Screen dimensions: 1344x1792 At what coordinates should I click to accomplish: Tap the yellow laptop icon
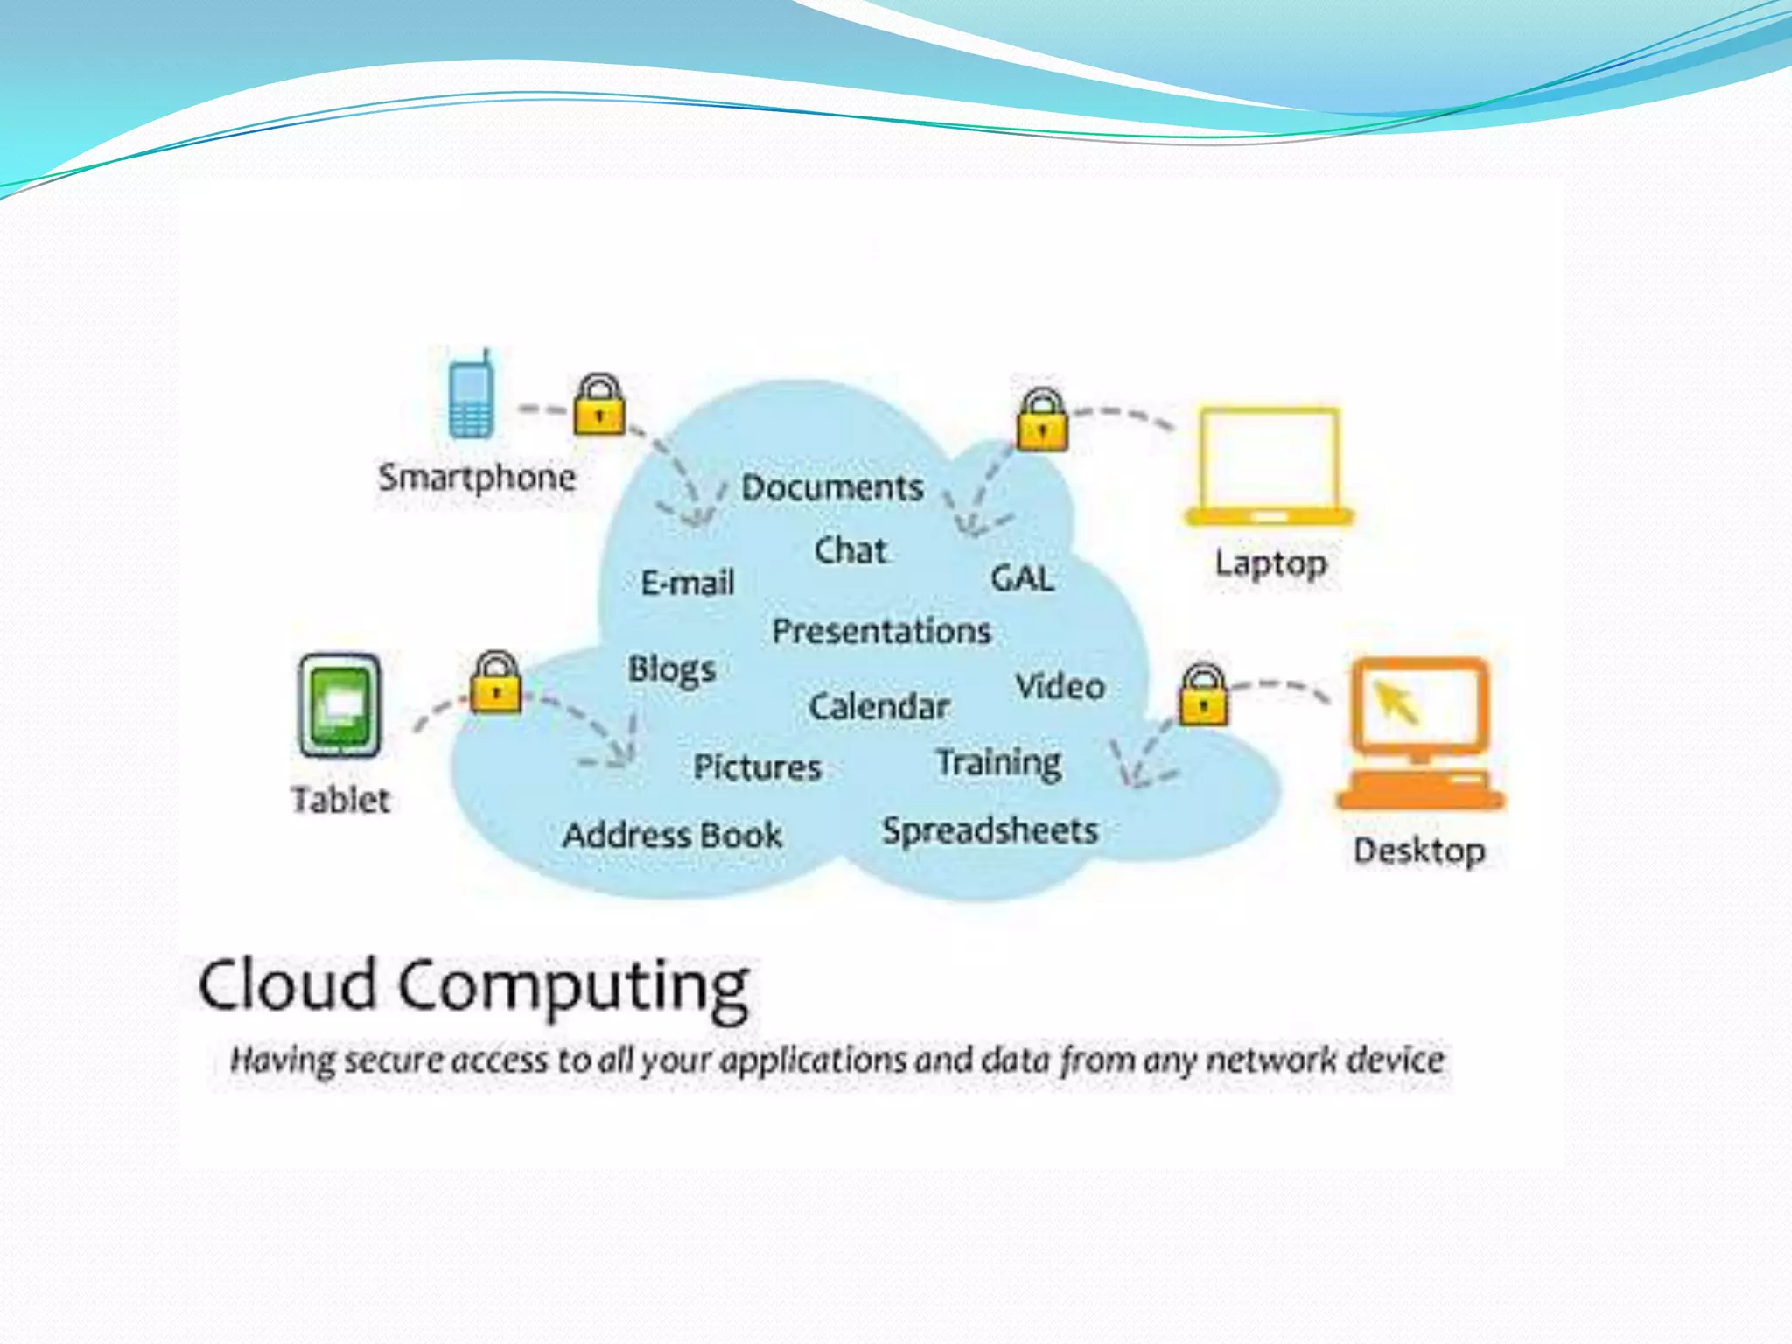tap(1269, 466)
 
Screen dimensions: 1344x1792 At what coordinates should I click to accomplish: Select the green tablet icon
tap(339, 705)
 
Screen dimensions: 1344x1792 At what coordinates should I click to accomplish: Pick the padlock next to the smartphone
tap(599, 405)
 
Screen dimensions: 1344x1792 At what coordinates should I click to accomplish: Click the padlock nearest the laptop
tap(1041, 421)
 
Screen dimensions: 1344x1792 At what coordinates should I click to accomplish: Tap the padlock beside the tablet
tap(496, 682)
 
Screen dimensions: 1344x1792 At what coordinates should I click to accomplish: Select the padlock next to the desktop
tap(1204, 696)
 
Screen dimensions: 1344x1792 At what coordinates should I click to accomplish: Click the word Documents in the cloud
tap(832, 487)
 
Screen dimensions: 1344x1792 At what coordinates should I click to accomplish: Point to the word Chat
tap(850, 550)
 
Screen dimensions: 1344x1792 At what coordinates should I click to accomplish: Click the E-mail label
tap(688, 583)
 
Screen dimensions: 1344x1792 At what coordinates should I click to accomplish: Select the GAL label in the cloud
tap(1022, 578)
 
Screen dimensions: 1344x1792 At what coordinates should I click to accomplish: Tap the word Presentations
tap(881, 631)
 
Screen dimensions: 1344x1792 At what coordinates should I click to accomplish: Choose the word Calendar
tap(878, 706)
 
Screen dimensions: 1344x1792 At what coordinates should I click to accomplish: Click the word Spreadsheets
tap(990, 830)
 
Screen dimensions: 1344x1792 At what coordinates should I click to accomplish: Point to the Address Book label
tap(672, 835)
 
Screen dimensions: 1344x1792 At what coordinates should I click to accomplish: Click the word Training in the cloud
tap(998, 762)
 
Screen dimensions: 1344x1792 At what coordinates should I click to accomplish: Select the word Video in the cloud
tap(1060, 687)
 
